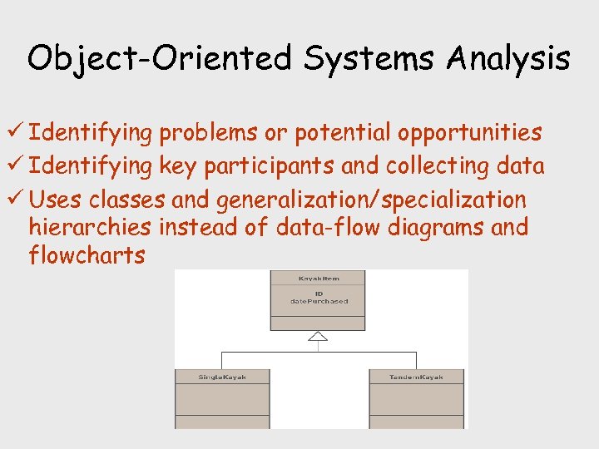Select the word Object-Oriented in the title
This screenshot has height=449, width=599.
click(x=159, y=60)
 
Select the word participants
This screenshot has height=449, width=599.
click(x=274, y=167)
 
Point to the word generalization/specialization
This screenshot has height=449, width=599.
click(x=371, y=200)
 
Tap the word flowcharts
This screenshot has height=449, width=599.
click(x=87, y=255)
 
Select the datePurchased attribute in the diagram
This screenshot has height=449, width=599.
click(x=318, y=301)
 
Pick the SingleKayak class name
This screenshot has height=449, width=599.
click(x=222, y=377)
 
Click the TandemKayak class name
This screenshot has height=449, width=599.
click(x=416, y=377)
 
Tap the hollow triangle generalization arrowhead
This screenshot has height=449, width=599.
click(x=317, y=336)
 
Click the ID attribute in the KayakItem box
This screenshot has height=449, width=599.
click(x=318, y=293)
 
